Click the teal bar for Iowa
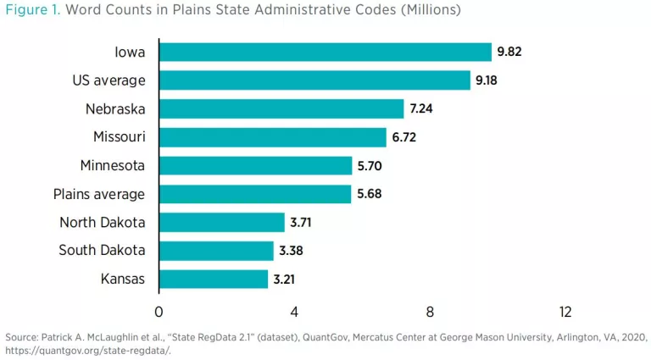325,53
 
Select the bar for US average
314,80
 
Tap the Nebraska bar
281,109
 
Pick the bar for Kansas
213,279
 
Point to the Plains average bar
254,194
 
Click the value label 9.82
509,53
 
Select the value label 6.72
404,137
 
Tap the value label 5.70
370,166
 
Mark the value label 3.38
292,251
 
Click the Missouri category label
119,137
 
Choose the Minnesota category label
112,166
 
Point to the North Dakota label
102,223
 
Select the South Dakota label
102,251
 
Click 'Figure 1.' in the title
32,11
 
